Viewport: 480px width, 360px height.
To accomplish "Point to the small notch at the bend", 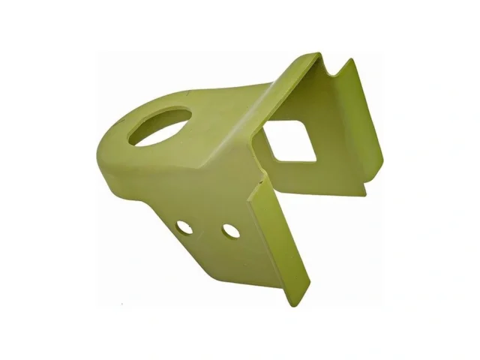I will coord(261,179).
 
